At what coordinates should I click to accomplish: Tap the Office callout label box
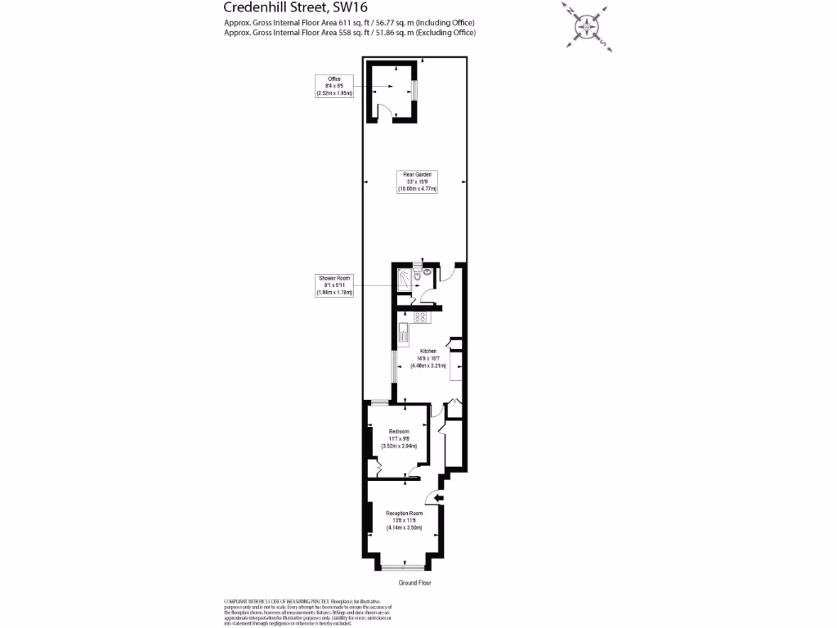click(334, 86)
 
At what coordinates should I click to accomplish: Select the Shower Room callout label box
click(334, 285)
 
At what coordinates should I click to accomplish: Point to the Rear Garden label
click(417, 182)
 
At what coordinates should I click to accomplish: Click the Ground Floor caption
click(414, 583)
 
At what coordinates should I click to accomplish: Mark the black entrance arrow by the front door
click(439, 497)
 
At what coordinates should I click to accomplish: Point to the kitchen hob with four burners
click(421, 316)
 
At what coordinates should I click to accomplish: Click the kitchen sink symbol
click(403, 332)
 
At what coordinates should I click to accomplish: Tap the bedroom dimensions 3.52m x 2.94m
click(399, 446)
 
